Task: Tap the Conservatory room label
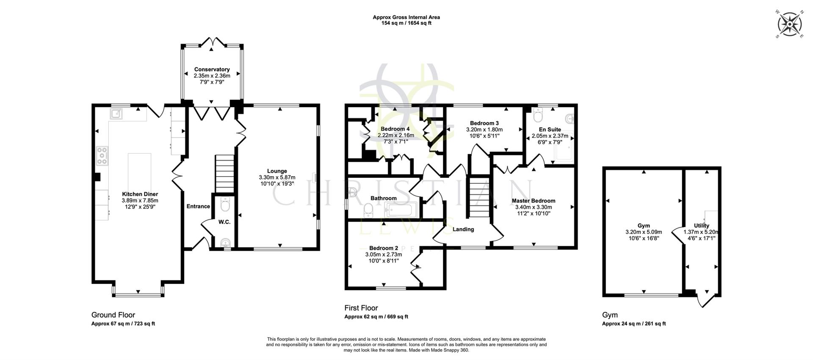pyautogui.click(x=212, y=69)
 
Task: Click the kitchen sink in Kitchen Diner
pyautogui.click(x=116, y=114)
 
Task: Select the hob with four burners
pyautogui.click(x=102, y=155)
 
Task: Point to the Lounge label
pyautogui.click(x=277, y=171)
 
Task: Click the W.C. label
pyautogui.click(x=224, y=222)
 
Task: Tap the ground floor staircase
pyautogui.click(x=224, y=174)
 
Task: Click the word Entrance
pyautogui.click(x=198, y=206)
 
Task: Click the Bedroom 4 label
pyautogui.click(x=395, y=129)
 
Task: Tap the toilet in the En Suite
pyautogui.click(x=539, y=115)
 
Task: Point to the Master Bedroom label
pyautogui.click(x=533, y=201)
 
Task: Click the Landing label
pyautogui.click(x=463, y=229)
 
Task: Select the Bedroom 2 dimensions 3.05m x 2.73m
pyautogui.click(x=384, y=255)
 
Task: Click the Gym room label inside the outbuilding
pyautogui.click(x=643, y=226)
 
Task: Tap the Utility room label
pyautogui.click(x=701, y=226)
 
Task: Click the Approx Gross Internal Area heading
pyautogui.click(x=406, y=17)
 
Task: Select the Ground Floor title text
pyautogui.click(x=113, y=315)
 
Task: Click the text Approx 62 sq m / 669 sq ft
pyautogui.click(x=376, y=317)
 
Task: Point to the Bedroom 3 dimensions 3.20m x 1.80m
pyautogui.click(x=484, y=130)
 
